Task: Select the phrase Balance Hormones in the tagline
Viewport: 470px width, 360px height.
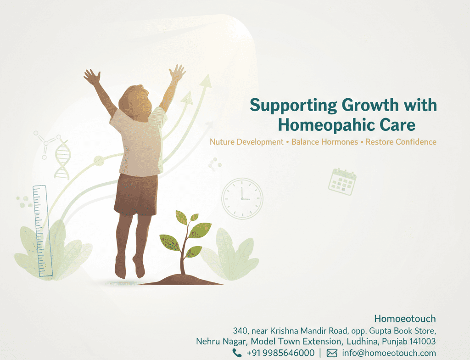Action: point(325,142)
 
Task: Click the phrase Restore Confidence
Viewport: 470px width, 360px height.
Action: point(401,142)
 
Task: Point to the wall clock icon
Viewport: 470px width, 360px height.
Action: point(242,198)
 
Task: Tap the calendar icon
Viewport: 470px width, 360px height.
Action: point(342,181)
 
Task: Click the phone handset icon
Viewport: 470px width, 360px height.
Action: point(237,353)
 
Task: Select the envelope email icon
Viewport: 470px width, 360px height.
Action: point(332,353)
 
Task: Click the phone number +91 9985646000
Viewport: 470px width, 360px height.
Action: point(280,353)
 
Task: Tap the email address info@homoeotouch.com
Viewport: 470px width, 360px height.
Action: point(389,353)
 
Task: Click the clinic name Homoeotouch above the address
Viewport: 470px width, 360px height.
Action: point(405,319)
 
